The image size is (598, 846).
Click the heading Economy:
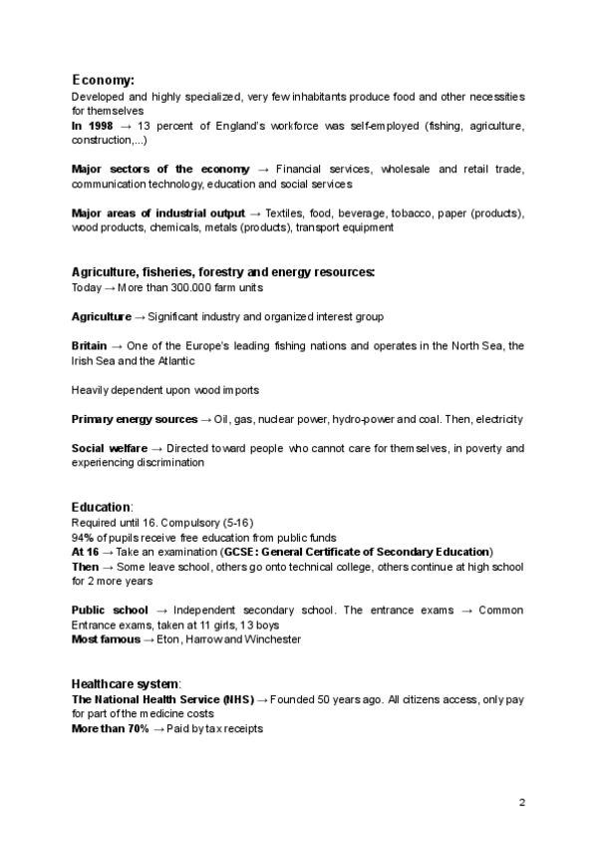tap(104, 80)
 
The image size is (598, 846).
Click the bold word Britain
tap(88, 345)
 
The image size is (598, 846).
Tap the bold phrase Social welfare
tap(110, 449)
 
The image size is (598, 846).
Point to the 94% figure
tap(83, 537)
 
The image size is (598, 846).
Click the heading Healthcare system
tap(126, 683)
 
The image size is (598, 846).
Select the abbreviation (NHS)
tap(238, 698)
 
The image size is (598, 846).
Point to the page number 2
tap(521, 802)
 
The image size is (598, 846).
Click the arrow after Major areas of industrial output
tap(255, 213)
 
